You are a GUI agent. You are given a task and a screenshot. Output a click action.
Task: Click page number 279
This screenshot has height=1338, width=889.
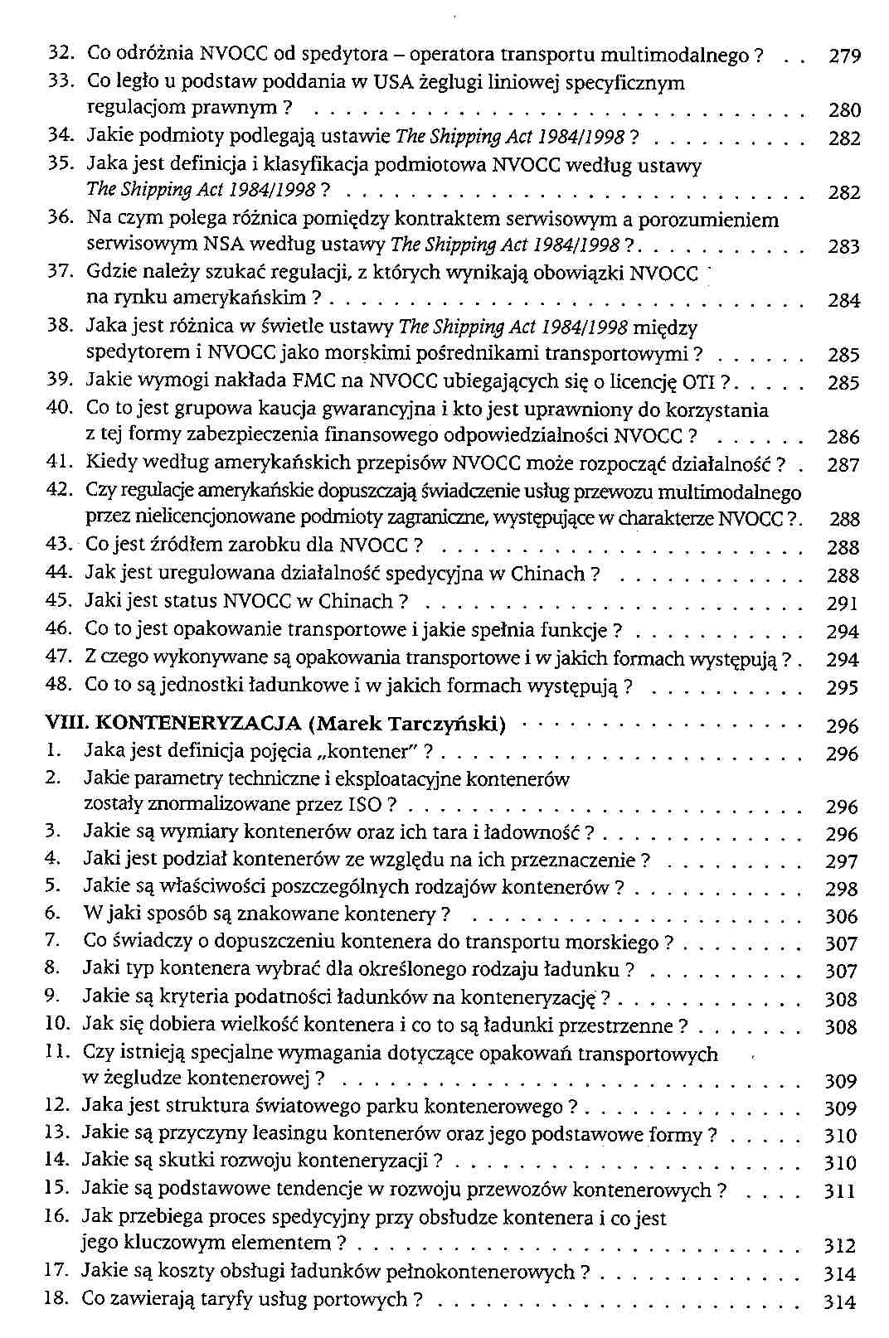click(845, 56)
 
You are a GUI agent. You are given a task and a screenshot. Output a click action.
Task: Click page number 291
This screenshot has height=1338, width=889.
click(843, 604)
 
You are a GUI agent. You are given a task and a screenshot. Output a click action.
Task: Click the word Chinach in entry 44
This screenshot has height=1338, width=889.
click(548, 574)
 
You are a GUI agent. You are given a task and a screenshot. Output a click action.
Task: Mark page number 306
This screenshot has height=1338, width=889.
click(842, 916)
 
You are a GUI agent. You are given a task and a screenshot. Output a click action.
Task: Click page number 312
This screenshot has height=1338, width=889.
click(840, 1245)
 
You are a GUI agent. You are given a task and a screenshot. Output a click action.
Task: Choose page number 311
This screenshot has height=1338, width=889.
click(839, 1191)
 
